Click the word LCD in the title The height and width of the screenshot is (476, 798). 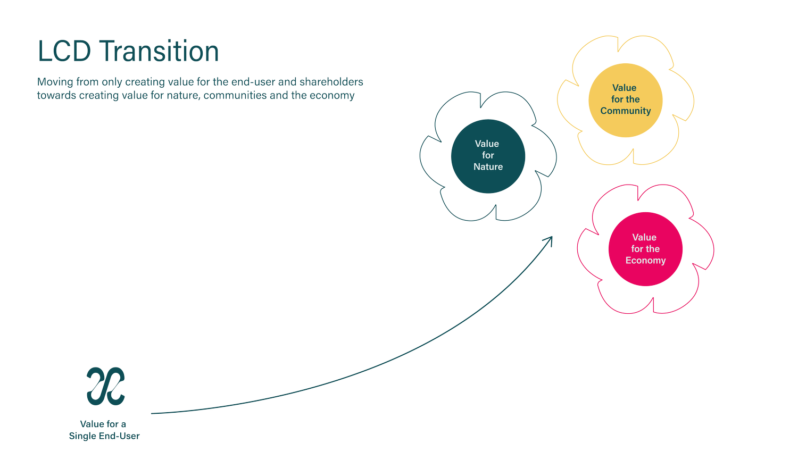[x=64, y=52]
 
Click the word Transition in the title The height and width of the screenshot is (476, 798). [x=159, y=52]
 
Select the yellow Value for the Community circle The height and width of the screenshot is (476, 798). [x=625, y=99]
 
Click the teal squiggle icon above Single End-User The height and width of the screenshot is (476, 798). [x=105, y=386]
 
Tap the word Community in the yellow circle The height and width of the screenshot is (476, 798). [x=626, y=111]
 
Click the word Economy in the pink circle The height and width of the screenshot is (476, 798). [x=645, y=261]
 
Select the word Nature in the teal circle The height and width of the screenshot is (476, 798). [x=488, y=167]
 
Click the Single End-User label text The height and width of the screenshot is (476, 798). [x=104, y=436]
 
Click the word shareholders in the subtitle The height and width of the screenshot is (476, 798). [x=331, y=82]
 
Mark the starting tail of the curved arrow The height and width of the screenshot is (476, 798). [x=152, y=413]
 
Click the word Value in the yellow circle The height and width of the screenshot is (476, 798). [x=624, y=88]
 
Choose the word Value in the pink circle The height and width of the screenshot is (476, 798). [x=644, y=237]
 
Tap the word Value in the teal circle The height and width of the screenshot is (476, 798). [x=487, y=144]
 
